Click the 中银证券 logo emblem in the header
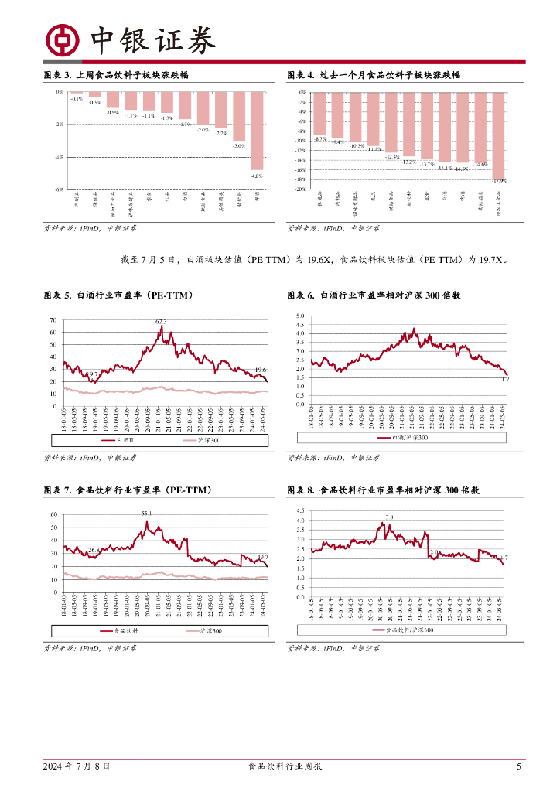(62, 40)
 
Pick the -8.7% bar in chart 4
(320, 114)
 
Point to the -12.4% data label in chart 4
(392, 156)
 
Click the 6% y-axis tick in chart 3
(59, 189)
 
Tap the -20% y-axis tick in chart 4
(301, 189)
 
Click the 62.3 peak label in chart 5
(161, 321)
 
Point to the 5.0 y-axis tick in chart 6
(301, 316)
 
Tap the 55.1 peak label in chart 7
(146, 514)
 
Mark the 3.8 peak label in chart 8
(389, 517)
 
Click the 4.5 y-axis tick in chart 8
(301, 510)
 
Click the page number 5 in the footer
(518, 767)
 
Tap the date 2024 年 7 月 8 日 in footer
(76, 767)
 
